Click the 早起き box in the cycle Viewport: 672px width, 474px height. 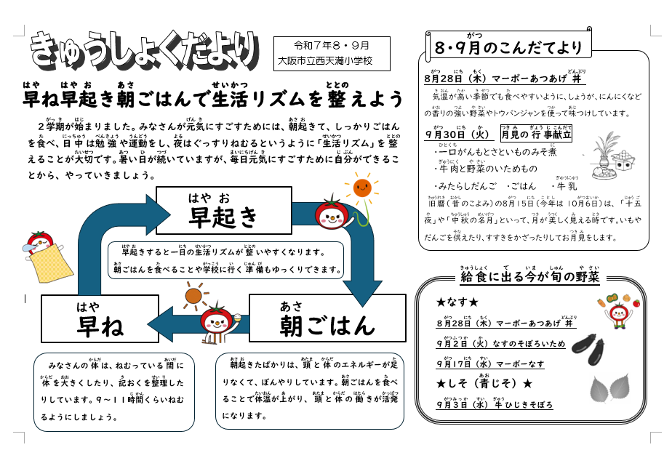223,210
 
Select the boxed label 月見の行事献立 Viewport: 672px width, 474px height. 536,134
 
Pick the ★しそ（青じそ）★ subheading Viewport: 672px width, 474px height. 484,383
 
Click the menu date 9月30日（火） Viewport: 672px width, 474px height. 460,134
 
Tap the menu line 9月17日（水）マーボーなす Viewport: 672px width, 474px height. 490,364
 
